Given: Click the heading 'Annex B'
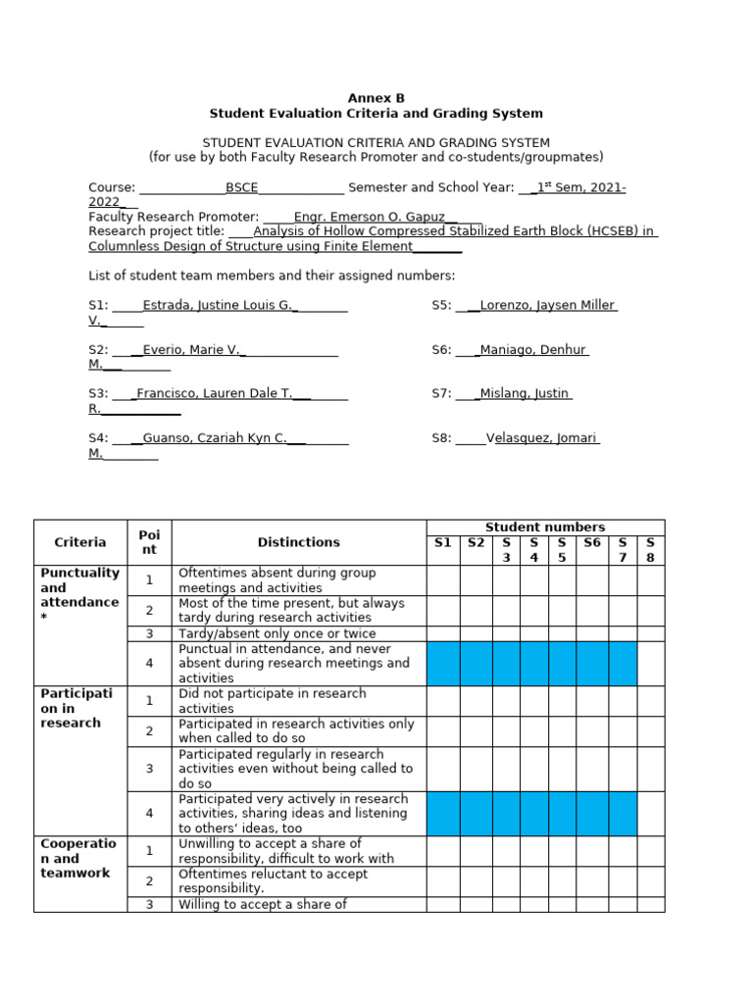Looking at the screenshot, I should coord(376,98).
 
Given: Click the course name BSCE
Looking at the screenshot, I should coord(241,188).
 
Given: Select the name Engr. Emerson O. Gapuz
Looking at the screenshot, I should coord(369,217).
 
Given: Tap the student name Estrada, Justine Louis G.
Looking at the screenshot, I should coord(219,305).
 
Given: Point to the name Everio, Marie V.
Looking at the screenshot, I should coord(192,349).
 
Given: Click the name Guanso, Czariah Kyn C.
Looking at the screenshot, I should coord(215,438).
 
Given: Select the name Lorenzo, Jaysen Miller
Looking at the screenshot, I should coord(546,305).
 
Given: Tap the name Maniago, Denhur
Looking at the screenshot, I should coord(533,349).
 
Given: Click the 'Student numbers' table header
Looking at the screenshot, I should coord(545,527).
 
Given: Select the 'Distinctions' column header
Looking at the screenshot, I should coord(298,542).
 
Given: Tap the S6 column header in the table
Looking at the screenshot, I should coord(591,542).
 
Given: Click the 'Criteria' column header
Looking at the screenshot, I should coord(80,542).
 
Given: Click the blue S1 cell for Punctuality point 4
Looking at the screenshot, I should coord(442,664).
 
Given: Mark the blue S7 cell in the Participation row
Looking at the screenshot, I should coord(623,813).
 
